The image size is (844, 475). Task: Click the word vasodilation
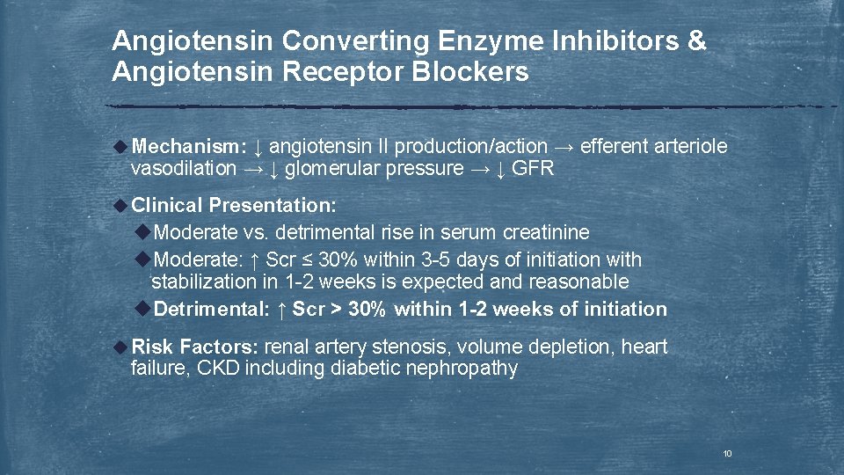click(184, 168)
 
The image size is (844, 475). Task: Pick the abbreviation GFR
click(532, 168)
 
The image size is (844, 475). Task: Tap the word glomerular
click(339, 168)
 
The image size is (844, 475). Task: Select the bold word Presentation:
click(272, 206)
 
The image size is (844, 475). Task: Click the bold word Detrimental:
click(212, 309)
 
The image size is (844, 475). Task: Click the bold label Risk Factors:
click(195, 347)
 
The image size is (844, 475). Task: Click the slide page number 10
click(727, 454)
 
